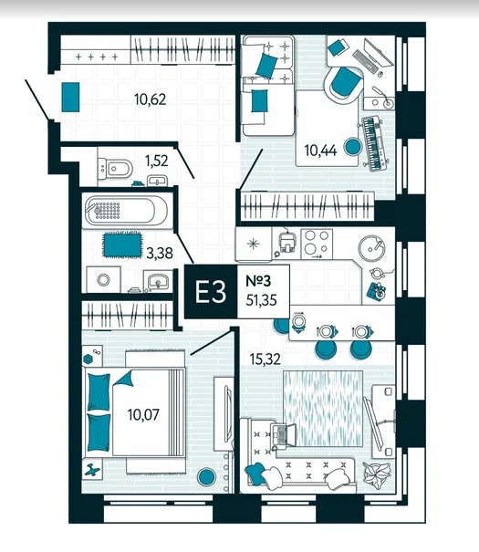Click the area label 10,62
pos(150,99)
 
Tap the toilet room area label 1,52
pos(157,161)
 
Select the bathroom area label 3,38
pos(160,253)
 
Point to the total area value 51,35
pos(261,300)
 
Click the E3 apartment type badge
pos(211,292)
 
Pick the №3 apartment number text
pos(258,281)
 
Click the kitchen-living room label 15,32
pos(265,359)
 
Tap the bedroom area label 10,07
pos(143,414)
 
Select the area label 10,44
pos(320,151)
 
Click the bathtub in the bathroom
pos(127,211)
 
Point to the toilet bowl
pos(116,169)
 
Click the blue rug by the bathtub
pos(122,245)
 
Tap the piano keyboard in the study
pos(374,141)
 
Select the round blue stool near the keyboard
pos(352,147)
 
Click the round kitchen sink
pos(371,247)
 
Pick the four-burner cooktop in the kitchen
pos(317,244)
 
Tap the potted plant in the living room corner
pos(377,474)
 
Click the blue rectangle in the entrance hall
pos(70,97)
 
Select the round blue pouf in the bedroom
pos(206,476)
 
